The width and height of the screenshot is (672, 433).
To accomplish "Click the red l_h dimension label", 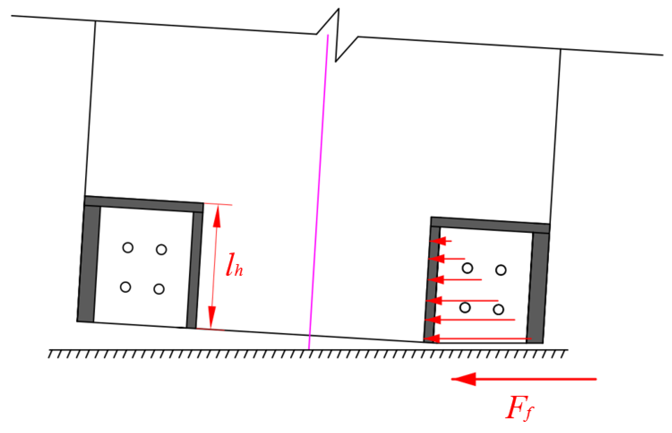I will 234,265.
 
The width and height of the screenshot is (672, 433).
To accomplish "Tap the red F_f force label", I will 519,408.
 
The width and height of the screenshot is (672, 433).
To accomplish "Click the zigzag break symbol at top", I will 337,35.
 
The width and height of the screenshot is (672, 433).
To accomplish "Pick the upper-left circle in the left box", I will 128,247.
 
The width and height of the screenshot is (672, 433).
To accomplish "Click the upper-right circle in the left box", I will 161,249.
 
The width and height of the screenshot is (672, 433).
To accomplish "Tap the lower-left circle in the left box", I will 125,287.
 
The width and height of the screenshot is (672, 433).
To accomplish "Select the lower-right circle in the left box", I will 159,289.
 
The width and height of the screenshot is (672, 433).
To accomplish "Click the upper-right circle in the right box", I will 501,270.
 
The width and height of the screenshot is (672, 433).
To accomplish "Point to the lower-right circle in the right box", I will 498,310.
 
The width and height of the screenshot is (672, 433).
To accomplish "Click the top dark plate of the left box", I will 143,204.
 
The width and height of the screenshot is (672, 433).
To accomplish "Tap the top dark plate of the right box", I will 490,225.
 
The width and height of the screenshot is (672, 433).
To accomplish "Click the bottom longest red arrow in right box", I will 478,338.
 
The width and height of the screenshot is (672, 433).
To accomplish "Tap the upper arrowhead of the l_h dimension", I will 217,217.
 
